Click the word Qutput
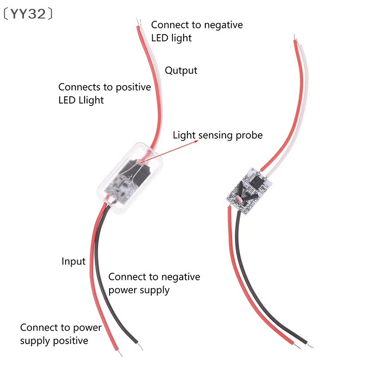click(x=181, y=70)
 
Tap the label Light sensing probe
click(x=217, y=135)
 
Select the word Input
click(x=74, y=261)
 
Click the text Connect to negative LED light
click(x=197, y=31)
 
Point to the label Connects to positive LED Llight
click(x=105, y=93)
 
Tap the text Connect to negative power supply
click(x=154, y=283)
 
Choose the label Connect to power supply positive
click(x=61, y=334)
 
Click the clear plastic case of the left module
click(x=128, y=173)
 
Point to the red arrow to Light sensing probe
click(x=171, y=147)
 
